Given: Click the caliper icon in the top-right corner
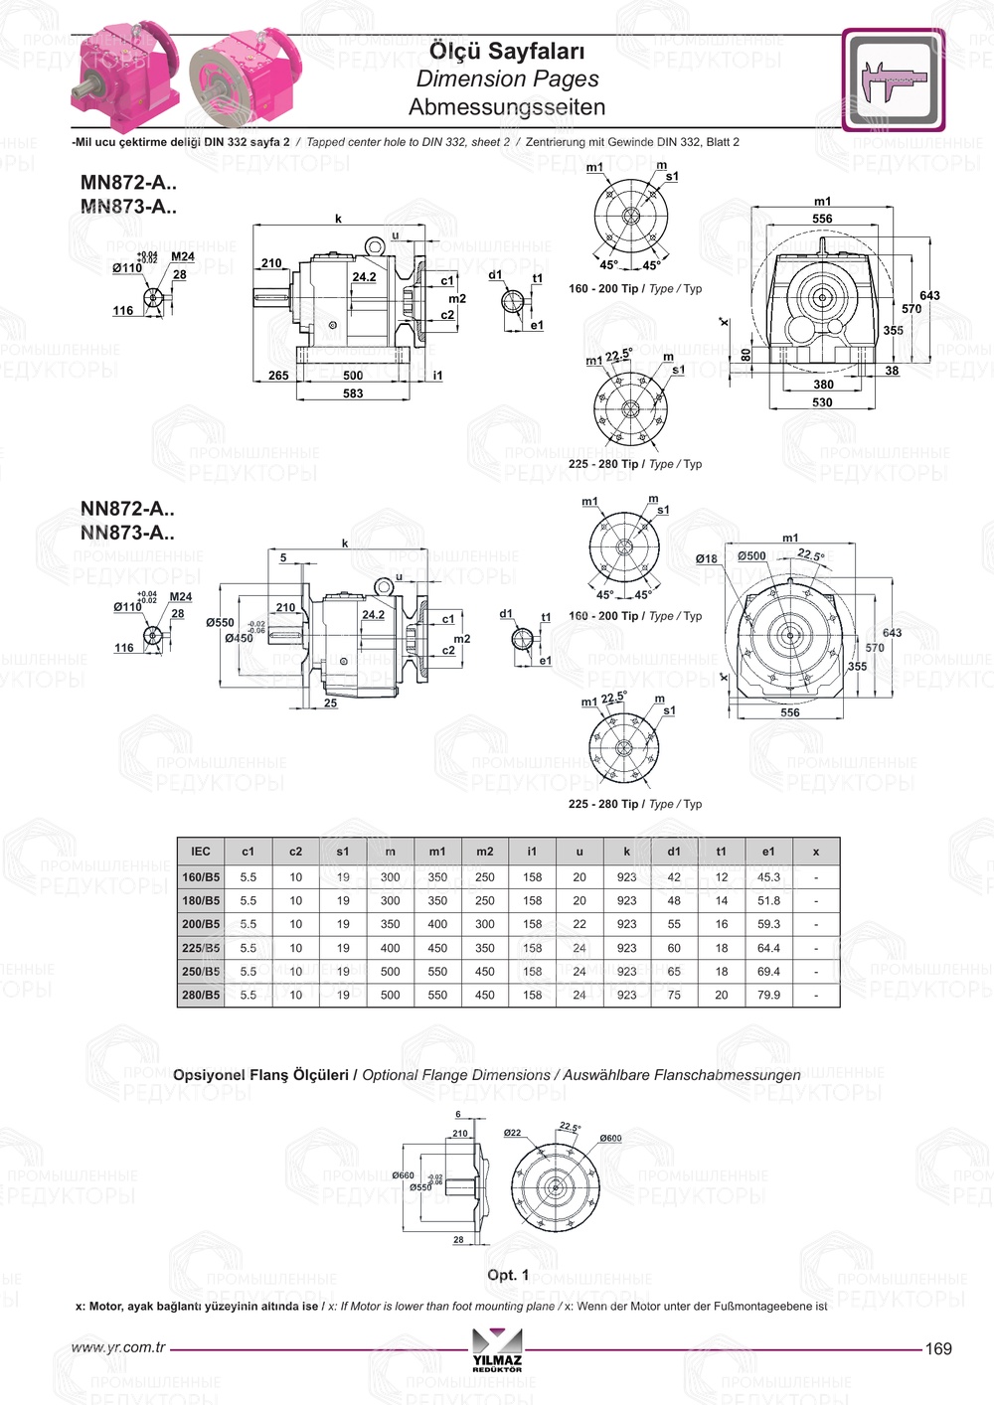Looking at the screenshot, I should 894,80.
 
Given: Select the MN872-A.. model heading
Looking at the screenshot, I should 127,183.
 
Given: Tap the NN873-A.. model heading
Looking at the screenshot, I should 127,533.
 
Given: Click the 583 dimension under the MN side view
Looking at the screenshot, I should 353,393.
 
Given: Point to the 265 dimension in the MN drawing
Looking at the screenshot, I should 278,376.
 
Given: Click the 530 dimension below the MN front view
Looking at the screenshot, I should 822,402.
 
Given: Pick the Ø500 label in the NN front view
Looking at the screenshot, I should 751,556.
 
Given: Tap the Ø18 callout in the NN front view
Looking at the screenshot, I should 706,558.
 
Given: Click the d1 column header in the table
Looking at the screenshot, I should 674,852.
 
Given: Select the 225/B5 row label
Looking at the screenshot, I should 201,948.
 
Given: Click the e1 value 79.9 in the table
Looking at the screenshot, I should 768,995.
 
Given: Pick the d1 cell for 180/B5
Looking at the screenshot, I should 674,900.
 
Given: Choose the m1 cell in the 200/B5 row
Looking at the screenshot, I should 437,924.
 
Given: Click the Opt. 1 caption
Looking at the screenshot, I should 508,1275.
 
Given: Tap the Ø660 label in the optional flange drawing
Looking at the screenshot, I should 404,1175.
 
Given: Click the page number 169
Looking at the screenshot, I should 938,1348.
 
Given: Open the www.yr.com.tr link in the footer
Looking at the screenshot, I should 118,1348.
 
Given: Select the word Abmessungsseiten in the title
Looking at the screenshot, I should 507,107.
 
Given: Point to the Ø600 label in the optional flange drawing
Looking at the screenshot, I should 610,1139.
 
